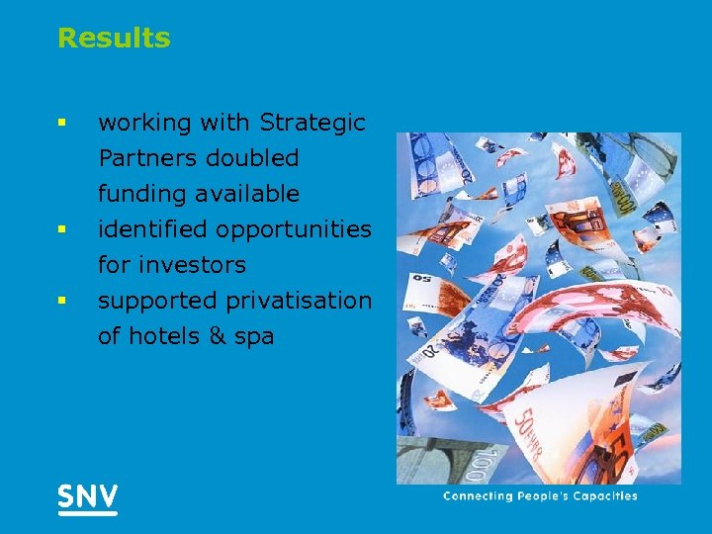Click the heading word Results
pyautogui.click(x=114, y=39)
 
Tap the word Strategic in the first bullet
pyautogui.click(x=312, y=124)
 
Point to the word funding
pyautogui.click(x=139, y=194)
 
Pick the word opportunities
pyautogui.click(x=294, y=230)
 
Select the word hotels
pyautogui.click(x=162, y=336)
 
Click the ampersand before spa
pyautogui.click(x=217, y=336)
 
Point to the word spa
pyautogui.click(x=254, y=337)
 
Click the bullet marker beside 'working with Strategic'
pyautogui.click(x=61, y=124)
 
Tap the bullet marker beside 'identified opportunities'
pyautogui.click(x=61, y=230)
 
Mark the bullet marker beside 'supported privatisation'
pyautogui.click(x=61, y=301)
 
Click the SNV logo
pyautogui.click(x=87, y=497)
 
